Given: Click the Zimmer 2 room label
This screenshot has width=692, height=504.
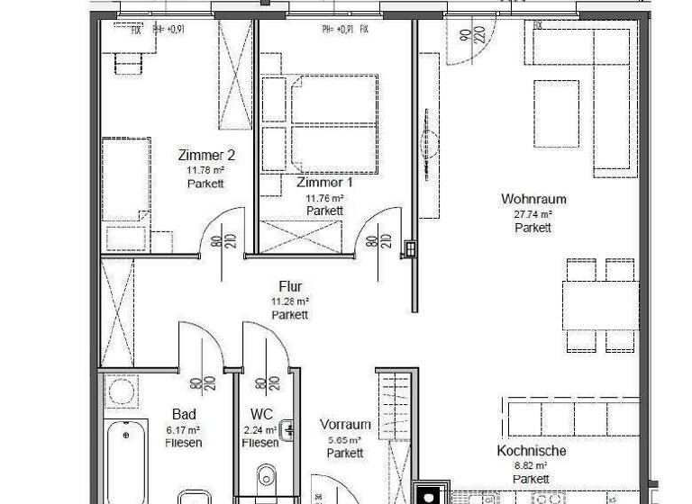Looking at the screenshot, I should point(205,154).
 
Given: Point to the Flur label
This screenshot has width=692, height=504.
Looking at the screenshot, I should point(290,287).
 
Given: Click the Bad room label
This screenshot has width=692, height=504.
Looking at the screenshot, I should point(184,415).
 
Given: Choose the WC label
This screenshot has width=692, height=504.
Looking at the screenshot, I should point(259,415).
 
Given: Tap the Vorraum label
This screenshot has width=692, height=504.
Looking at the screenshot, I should point(345,425).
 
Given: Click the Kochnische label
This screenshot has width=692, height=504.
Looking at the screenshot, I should point(532,452).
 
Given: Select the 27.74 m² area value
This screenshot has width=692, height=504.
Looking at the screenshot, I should point(533,214).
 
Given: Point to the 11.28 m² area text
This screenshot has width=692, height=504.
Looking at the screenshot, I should point(290,301).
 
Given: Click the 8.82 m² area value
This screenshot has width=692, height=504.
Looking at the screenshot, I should point(532,466).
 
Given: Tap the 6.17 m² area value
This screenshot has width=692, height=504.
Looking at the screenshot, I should point(184,429).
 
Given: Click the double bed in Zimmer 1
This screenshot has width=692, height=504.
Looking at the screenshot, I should point(320,123).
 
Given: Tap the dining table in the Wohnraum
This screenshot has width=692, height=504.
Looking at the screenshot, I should point(600,305).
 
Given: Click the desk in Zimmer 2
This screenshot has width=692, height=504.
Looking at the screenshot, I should point(126,63).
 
